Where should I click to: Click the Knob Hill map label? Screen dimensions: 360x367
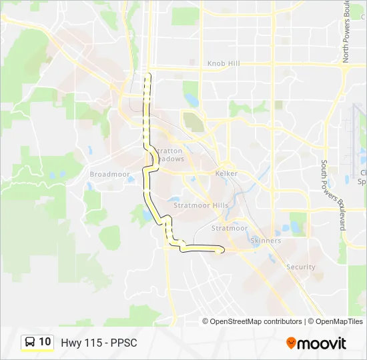click(223, 63)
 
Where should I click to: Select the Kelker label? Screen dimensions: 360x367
click(226, 173)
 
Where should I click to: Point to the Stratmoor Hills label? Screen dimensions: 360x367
click(201, 205)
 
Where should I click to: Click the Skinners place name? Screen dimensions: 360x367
click(265, 240)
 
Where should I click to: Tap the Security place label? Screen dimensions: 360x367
click(300, 267)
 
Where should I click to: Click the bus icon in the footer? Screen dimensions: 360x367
click(30, 342)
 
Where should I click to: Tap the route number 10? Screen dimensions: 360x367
click(45, 342)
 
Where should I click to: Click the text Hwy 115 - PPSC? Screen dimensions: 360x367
click(99, 343)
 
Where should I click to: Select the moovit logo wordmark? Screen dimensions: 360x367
click(322, 343)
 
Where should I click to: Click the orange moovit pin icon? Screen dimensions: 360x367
click(291, 343)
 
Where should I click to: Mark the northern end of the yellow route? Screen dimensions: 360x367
click(149, 75)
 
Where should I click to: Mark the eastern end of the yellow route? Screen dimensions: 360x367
click(222, 249)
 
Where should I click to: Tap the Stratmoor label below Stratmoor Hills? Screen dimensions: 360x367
click(230, 228)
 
